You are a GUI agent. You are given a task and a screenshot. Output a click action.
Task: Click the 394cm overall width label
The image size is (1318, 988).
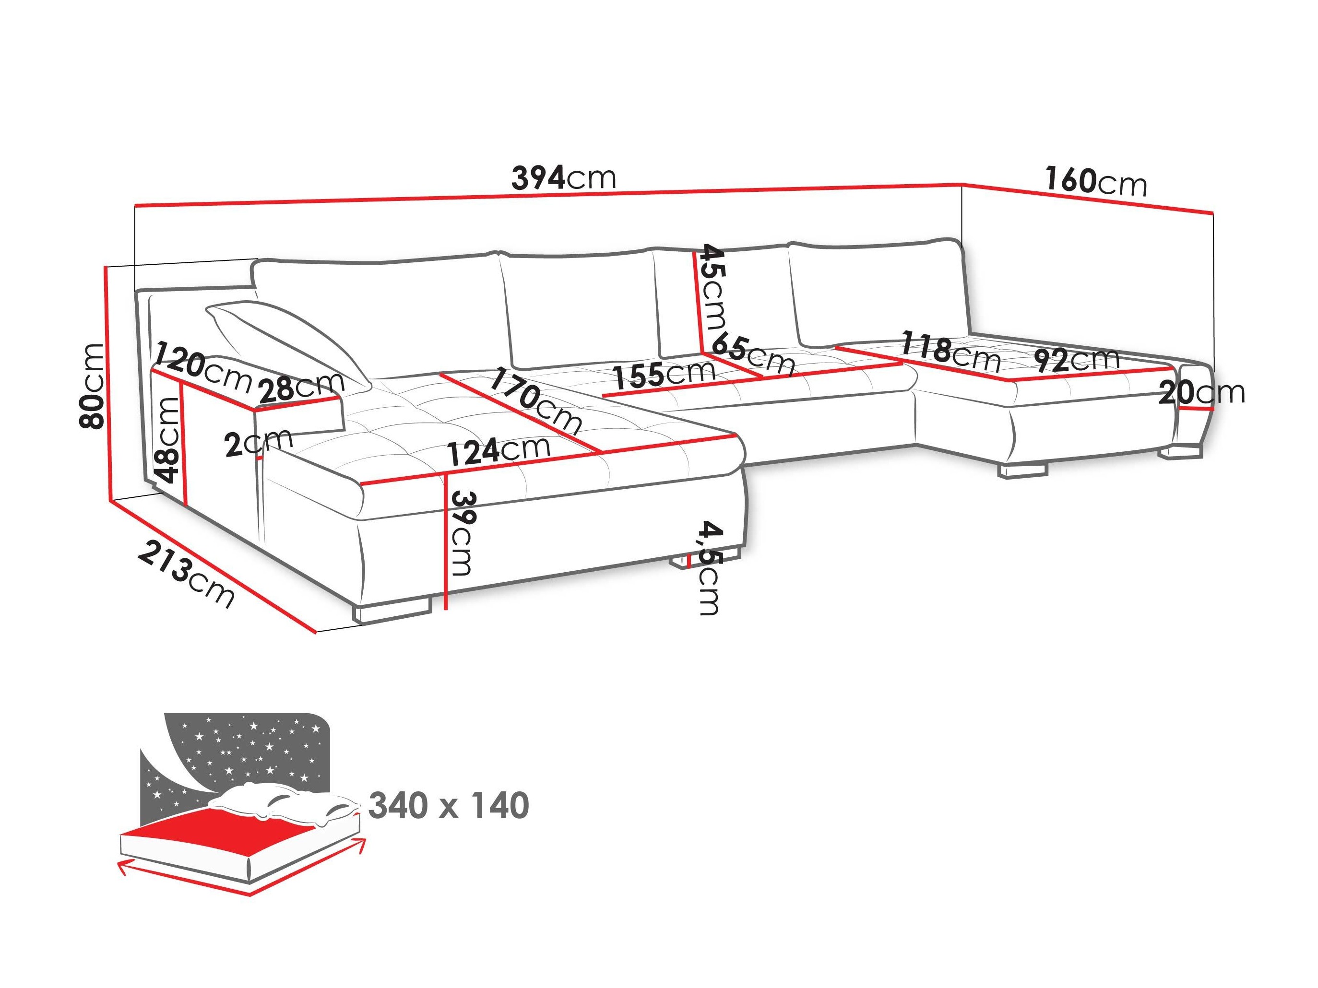(563, 178)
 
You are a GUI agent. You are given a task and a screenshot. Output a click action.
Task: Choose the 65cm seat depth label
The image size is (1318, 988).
(753, 354)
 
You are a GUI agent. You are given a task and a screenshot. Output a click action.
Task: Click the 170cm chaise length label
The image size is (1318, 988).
(534, 400)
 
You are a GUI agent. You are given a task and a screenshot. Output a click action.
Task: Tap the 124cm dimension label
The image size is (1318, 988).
(498, 451)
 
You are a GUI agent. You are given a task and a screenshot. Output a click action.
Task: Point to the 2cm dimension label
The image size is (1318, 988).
(259, 443)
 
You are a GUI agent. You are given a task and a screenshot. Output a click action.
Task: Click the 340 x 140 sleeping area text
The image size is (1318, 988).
(449, 806)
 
